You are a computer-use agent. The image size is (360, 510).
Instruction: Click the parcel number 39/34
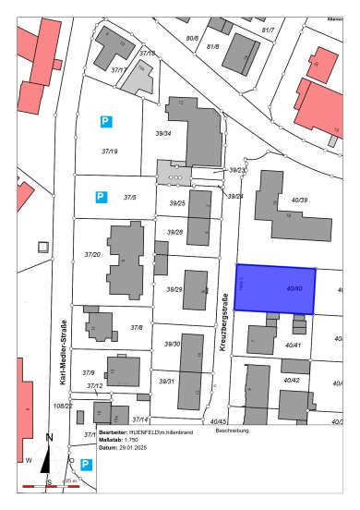click(163, 133)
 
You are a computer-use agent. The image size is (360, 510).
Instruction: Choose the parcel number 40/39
click(299, 200)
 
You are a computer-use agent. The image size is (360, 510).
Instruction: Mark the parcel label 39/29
click(174, 290)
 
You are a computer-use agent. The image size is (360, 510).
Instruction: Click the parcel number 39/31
click(167, 381)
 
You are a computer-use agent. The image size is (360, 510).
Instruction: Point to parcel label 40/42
click(292, 380)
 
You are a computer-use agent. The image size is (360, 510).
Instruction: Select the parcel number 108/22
click(63, 406)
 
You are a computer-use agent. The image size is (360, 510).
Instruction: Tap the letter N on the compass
click(50, 439)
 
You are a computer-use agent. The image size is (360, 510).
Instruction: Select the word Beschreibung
click(233, 431)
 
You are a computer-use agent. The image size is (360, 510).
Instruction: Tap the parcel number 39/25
click(177, 203)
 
